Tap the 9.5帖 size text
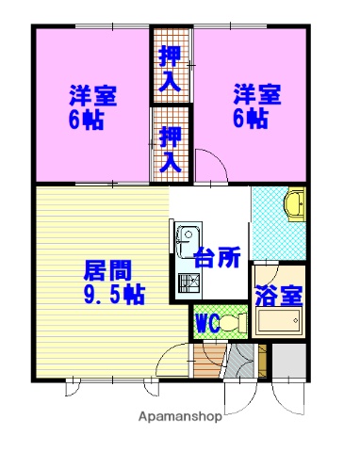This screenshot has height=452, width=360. click(111, 295)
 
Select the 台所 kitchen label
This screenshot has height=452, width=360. click(218, 256)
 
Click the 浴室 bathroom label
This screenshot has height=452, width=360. click(279, 293)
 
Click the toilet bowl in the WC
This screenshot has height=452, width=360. click(237, 323)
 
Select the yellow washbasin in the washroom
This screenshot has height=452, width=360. click(293, 202)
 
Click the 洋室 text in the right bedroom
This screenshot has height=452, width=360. click(256, 95)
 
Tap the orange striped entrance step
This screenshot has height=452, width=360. click(209, 361)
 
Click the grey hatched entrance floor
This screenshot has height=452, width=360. click(240, 361)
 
